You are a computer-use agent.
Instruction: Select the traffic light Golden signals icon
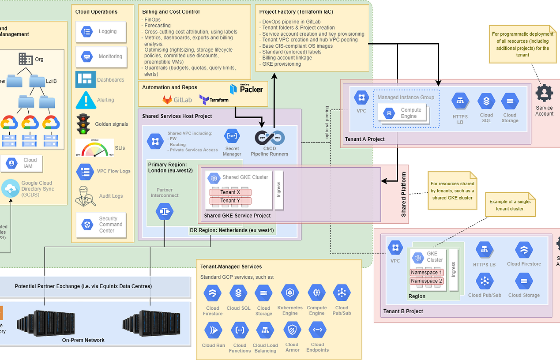pos(83,124)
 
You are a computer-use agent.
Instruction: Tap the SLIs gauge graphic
pos(92,148)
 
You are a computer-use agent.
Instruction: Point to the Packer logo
pos(246,89)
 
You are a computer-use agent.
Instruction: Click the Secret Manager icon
pos(232,137)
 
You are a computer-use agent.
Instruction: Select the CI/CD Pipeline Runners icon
pos(270,138)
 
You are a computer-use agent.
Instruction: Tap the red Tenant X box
pos(230,192)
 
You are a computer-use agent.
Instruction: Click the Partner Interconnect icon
pos(165,212)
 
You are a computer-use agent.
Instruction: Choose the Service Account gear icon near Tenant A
pos(544,93)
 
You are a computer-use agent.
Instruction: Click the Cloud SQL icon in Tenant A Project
pos(486,101)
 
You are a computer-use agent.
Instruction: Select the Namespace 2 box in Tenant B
pos(426,281)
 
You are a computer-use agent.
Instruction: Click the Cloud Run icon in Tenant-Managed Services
pos(213,330)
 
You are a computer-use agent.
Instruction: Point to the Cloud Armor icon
pos(292,330)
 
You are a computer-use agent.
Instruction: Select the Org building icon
pos(26,59)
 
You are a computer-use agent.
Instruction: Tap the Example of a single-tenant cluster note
pos(511,205)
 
